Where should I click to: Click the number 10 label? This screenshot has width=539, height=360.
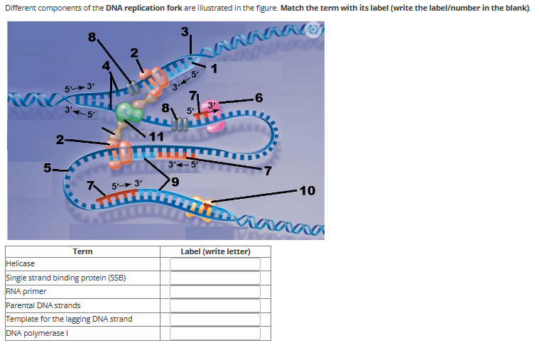click(x=307, y=190)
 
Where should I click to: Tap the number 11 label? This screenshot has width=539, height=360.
click(x=157, y=136)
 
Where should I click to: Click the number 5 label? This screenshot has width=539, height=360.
click(x=48, y=168)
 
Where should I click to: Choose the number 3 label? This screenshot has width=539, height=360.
click(x=185, y=32)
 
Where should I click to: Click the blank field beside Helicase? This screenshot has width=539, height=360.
click(x=215, y=264)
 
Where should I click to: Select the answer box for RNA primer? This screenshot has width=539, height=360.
click(x=215, y=292)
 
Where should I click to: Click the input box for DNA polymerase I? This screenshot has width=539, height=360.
click(x=215, y=333)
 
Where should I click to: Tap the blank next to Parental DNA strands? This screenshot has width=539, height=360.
click(x=215, y=305)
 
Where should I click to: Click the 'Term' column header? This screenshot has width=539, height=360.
click(x=82, y=251)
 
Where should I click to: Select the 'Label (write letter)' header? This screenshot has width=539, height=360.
click(x=215, y=251)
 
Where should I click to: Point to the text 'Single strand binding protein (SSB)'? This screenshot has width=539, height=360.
click(x=65, y=278)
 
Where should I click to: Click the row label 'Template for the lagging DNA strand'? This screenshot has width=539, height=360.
click(x=68, y=319)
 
